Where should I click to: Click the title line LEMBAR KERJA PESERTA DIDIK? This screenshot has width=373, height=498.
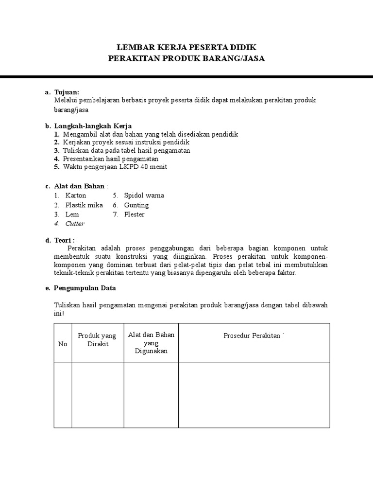186,47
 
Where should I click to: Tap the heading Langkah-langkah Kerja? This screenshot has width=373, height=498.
93,126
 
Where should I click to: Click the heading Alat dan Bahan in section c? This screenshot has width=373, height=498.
79,186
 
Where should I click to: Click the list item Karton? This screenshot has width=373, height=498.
75,196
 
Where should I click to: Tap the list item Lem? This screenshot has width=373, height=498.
72,214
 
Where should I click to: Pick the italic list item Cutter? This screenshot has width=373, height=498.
75,224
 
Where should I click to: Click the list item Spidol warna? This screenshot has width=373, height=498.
144,196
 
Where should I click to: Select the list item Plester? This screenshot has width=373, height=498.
134,214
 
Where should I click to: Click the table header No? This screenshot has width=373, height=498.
63,344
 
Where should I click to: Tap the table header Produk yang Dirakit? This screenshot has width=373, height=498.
97,339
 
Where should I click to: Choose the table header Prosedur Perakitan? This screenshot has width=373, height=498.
252,336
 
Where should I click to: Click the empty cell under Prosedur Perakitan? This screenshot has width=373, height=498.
254,394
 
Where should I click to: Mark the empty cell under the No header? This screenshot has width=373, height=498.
63,394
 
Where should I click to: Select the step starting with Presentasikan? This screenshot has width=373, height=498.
110,159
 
